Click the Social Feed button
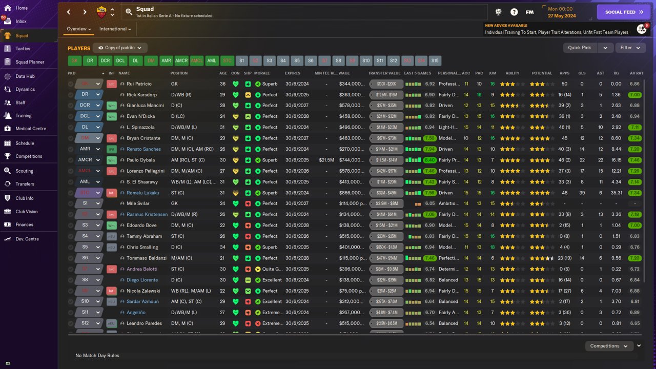click(x=623, y=12)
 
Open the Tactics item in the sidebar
click(x=23, y=49)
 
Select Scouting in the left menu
click(x=24, y=171)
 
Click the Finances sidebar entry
click(x=24, y=224)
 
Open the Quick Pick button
click(x=580, y=48)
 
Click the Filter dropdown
click(x=630, y=48)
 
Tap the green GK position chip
click(x=74, y=60)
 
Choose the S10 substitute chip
click(x=365, y=60)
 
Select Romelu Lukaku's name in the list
click(x=143, y=193)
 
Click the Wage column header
click(x=344, y=73)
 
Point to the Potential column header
click(x=542, y=73)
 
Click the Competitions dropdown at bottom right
click(x=609, y=346)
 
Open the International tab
click(x=115, y=29)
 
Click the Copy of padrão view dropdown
click(x=120, y=48)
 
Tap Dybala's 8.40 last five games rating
click(x=429, y=160)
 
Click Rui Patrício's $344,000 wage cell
click(x=352, y=84)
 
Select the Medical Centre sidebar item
click(x=31, y=129)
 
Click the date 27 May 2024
click(x=562, y=16)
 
